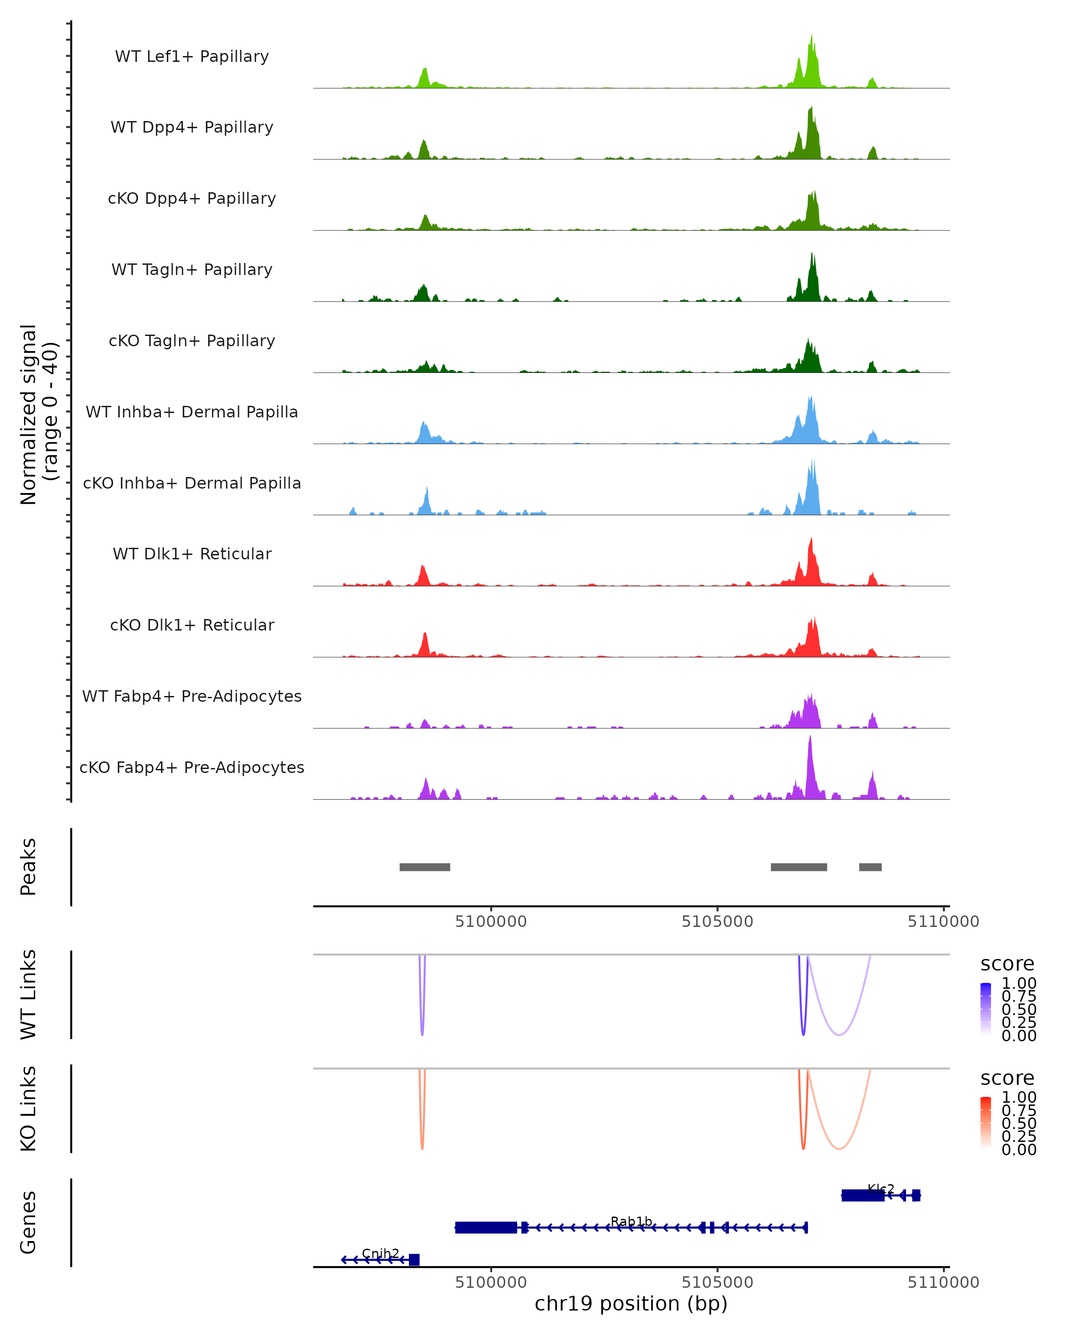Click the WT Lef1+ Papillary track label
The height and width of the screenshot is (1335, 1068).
[192, 57]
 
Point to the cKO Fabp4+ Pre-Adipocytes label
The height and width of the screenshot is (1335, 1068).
[192, 767]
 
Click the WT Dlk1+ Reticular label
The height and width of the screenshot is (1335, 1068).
[192, 554]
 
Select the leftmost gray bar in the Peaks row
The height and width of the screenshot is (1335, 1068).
[425, 867]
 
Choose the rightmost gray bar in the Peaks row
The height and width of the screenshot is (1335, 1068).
[870, 867]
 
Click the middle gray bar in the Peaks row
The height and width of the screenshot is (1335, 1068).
[799, 867]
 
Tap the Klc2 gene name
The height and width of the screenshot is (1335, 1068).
[880, 1189]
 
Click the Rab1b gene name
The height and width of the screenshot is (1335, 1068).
[631, 1221]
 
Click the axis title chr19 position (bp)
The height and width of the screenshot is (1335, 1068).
[631, 1303]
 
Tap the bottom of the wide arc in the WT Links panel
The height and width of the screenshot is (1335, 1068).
[839, 1035]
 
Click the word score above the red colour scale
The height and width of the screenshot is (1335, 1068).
[1007, 1078]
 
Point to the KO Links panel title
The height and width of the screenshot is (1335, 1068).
[28, 1108]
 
